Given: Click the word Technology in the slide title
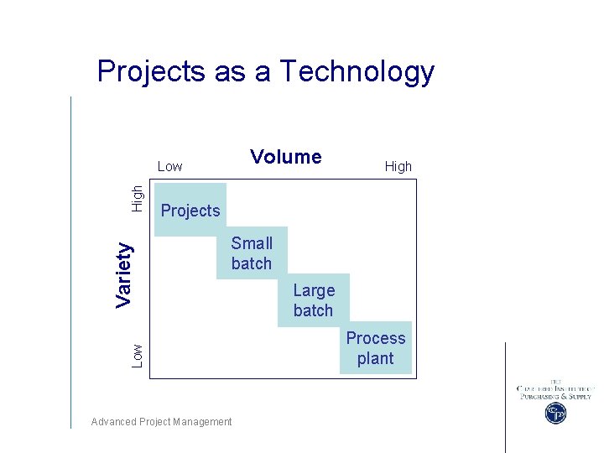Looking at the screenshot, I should pyautogui.click(x=357, y=72).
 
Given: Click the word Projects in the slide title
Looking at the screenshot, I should pyautogui.click(x=152, y=72).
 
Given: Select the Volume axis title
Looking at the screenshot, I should pyautogui.click(x=286, y=157).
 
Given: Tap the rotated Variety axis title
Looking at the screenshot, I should pyautogui.click(x=124, y=274).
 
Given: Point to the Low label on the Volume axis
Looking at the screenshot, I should pyautogui.click(x=169, y=166).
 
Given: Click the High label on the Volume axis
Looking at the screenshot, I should pyautogui.click(x=398, y=166).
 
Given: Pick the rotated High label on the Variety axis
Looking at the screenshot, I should pyautogui.click(x=138, y=198).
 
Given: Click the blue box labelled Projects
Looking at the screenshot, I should pyautogui.click(x=190, y=211).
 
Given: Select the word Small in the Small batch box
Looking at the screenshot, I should pyautogui.click(x=252, y=243).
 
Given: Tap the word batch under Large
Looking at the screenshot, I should pyautogui.click(x=313, y=310).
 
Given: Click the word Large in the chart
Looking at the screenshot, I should pyautogui.click(x=314, y=290).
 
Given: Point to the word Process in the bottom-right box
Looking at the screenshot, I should pyautogui.click(x=375, y=338).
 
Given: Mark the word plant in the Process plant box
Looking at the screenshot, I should pyautogui.click(x=375, y=358).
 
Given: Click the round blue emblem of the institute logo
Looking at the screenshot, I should pyautogui.click(x=555, y=413).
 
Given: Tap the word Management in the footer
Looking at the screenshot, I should pyautogui.click(x=202, y=422).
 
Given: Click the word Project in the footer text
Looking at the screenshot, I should pyautogui.click(x=156, y=422).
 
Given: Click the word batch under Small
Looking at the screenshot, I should pyautogui.click(x=252, y=263).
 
